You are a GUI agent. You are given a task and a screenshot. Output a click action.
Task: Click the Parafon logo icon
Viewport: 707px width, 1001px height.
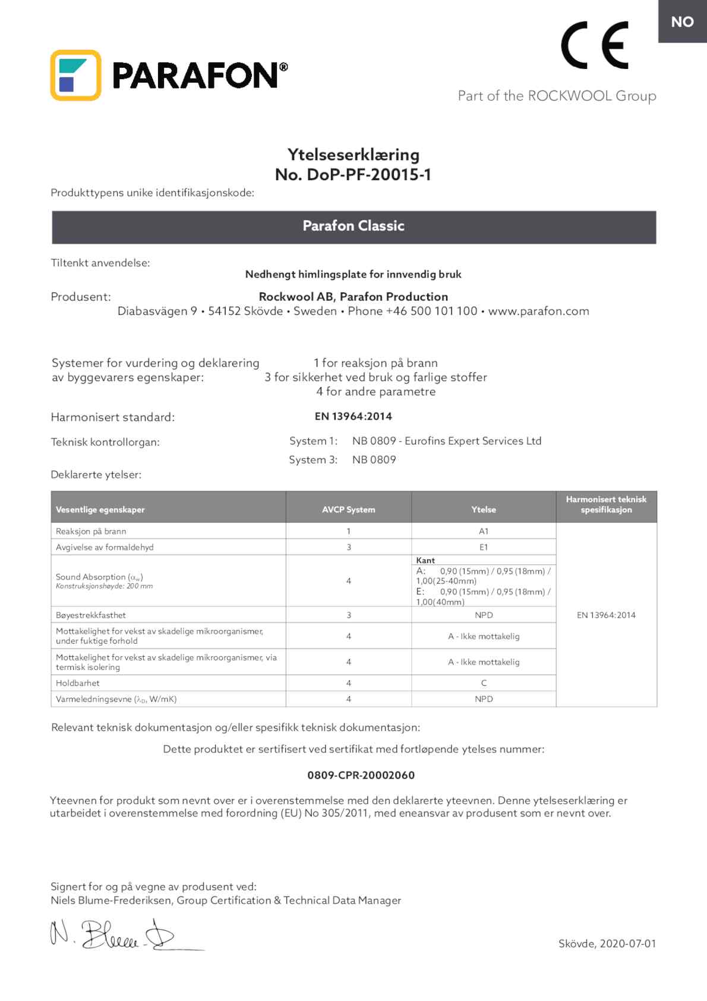click(x=75, y=75)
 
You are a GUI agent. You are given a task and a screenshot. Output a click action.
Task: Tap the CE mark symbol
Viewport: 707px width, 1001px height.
click(x=594, y=45)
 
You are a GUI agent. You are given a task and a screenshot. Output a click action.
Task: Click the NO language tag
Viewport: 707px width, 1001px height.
click(x=682, y=22)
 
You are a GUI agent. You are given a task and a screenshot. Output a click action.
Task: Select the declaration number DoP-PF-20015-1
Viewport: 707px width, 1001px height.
click(x=368, y=175)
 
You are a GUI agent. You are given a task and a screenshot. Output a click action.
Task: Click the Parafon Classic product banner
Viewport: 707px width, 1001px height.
click(x=353, y=226)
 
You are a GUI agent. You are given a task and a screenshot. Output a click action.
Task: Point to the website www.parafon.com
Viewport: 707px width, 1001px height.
click(x=538, y=311)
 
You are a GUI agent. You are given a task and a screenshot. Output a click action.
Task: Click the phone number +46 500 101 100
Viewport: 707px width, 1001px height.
click(x=431, y=311)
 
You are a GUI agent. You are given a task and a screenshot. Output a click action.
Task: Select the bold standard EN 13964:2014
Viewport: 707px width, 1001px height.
click(x=353, y=417)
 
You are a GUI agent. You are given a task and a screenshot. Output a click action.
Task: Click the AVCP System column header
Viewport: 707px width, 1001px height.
click(x=348, y=509)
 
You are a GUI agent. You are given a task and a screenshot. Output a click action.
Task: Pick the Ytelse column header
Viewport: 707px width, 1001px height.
click(x=484, y=509)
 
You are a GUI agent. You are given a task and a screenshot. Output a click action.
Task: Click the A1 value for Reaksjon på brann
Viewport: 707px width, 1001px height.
click(x=484, y=531)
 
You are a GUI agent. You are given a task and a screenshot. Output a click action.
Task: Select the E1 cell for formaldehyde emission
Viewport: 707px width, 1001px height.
click(x=484, y=547)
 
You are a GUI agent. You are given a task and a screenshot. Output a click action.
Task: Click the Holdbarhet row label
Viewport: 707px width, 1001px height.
click(x=78, y=684)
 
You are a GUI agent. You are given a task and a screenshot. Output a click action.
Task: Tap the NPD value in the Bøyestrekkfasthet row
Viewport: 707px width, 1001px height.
click(x=484, y=615)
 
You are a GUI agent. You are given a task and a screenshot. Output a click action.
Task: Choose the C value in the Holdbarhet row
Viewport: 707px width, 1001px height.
click(x=484, y=684)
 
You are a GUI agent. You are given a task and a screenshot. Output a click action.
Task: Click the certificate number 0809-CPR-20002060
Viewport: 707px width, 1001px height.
click(x=361, y=775)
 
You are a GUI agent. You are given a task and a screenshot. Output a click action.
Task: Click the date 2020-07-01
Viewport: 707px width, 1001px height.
click(x=627, y=944)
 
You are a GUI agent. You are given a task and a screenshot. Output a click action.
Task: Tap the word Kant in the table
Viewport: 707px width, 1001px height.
click(x=425, y=561)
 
